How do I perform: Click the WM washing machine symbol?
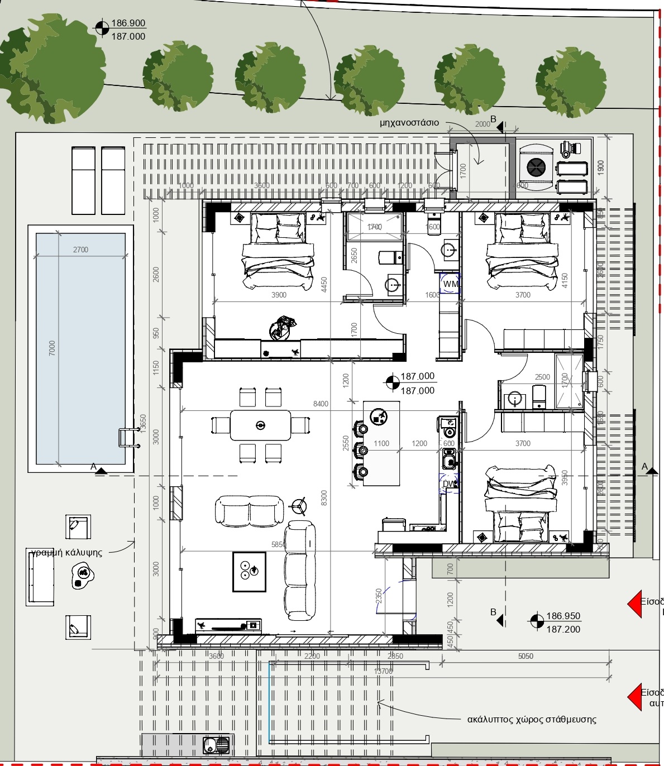[x=450, y=284]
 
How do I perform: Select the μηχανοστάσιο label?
[x=409, y=122]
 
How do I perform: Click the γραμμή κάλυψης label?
[x=66, y=552]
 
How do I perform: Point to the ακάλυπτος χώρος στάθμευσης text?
[x=531, y=719]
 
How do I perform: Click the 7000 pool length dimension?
[x=52, y=348]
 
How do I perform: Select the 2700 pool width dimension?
[x=80, y=250]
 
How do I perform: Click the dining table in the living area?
[x=260, y=425]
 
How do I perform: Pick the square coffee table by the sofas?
[x=249, y=571]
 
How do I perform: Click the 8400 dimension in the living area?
[x=321, y=404]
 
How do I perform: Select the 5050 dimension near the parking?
[x=526, y=656]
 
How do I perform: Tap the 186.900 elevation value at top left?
[x=128, y=23]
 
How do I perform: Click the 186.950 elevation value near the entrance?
[x=563, y=616]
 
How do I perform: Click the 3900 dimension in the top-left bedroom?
[x=279, y=295]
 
